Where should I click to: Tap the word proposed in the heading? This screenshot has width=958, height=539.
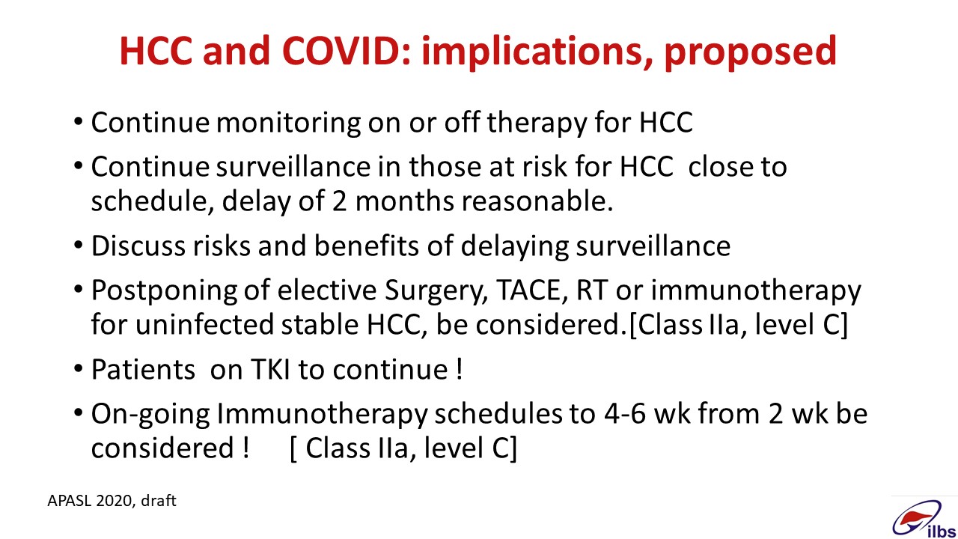click(750, 53)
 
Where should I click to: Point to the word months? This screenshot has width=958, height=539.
click(404, 201)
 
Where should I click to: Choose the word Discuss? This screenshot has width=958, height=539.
click(138, 246)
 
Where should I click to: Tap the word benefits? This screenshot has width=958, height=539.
click(367, 246)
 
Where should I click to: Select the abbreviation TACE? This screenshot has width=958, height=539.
click(532, 290)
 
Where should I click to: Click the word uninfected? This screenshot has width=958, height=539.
click(204, 324)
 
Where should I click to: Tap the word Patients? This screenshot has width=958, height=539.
click(143, 369)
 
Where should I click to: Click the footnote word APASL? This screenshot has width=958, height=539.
click(70, 501)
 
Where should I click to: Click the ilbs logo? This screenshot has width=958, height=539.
click(924, 519)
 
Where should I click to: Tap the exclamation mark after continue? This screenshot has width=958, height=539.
click(460, 369)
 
